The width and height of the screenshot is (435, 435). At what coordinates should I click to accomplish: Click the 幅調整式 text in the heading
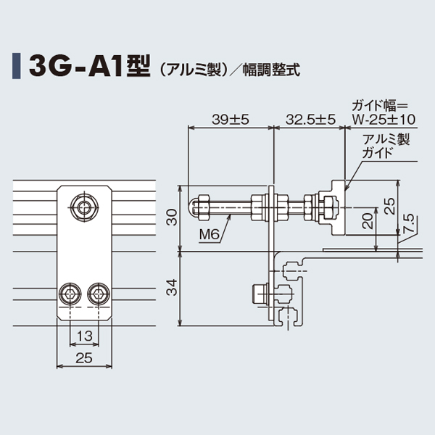272,70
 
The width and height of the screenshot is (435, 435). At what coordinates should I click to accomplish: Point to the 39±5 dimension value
230,120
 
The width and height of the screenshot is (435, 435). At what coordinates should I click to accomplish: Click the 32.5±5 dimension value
310,120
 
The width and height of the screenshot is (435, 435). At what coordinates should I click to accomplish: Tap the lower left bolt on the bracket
72,294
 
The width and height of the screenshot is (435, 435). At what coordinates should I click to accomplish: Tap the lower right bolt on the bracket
99,294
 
